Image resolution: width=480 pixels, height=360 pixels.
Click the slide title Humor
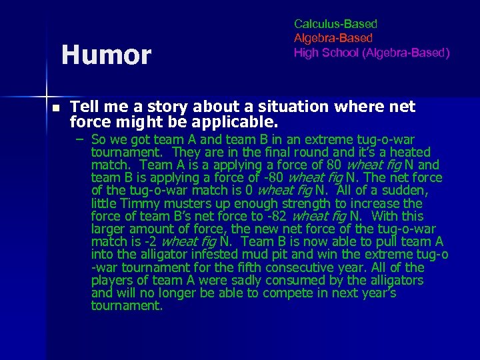(106, 55)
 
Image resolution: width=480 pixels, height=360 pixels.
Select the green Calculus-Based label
(335, 24)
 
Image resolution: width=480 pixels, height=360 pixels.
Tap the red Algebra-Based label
(333, 38)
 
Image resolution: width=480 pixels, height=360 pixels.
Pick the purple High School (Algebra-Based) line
(371, 52)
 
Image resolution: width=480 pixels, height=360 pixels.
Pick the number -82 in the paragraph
(276, 216)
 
